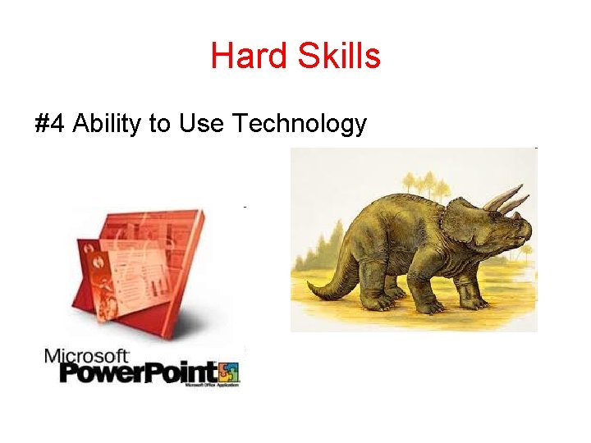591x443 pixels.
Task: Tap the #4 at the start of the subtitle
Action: tap(50, 124)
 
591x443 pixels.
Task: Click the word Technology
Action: tap(299, 124)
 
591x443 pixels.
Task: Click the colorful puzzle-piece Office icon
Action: tap(228, 372)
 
